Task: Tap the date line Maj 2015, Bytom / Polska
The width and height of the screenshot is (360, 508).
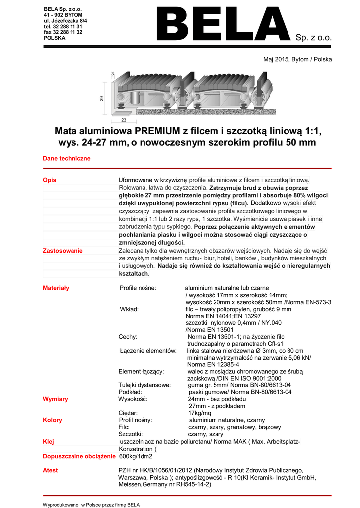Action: (x=297, y=59)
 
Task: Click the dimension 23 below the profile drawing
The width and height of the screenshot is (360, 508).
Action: (x=124, y=120)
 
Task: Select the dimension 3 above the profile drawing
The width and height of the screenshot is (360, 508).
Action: (x=112, y=74)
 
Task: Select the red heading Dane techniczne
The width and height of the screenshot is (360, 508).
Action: (x=67, y=158)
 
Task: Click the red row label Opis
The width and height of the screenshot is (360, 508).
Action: (x=49, y=179)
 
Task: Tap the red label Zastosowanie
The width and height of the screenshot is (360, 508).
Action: (x=63, y=251)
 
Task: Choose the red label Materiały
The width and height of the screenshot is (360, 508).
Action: (x=56, y=288)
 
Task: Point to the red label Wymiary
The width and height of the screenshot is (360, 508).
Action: (x=55, y=399)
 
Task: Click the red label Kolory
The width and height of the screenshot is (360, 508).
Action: (x=52, y=420)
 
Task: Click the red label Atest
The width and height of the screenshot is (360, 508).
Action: (x=50, y=470)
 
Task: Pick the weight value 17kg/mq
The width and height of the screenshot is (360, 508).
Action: (x=200, y=413)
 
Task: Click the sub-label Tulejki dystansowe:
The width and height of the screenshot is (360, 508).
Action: (x=144, y=385)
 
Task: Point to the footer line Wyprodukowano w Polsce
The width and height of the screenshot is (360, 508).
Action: (x=91, y=504)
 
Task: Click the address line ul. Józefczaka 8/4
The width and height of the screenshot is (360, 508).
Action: (x=66, y=21)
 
